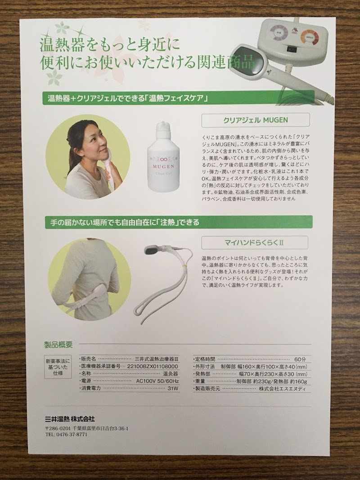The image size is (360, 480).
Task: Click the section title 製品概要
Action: tap(58, 345)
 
